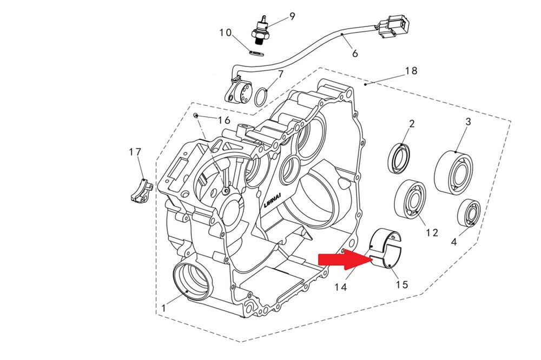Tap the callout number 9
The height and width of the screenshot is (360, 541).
[x=292, y=16]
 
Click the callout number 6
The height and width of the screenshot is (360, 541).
[x=355, y=54]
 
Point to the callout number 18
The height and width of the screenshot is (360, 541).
[x=411, y=71]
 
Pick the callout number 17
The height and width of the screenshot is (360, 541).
[x=135, y=152]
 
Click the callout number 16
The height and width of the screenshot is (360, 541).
[x=224, y=119]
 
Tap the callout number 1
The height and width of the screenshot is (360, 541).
[x=163, y=308]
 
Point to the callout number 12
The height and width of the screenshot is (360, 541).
[x=431, y=232]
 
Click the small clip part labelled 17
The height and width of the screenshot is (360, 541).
[x=142, y=190]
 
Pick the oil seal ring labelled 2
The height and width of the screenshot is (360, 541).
[x=401, y=159]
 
